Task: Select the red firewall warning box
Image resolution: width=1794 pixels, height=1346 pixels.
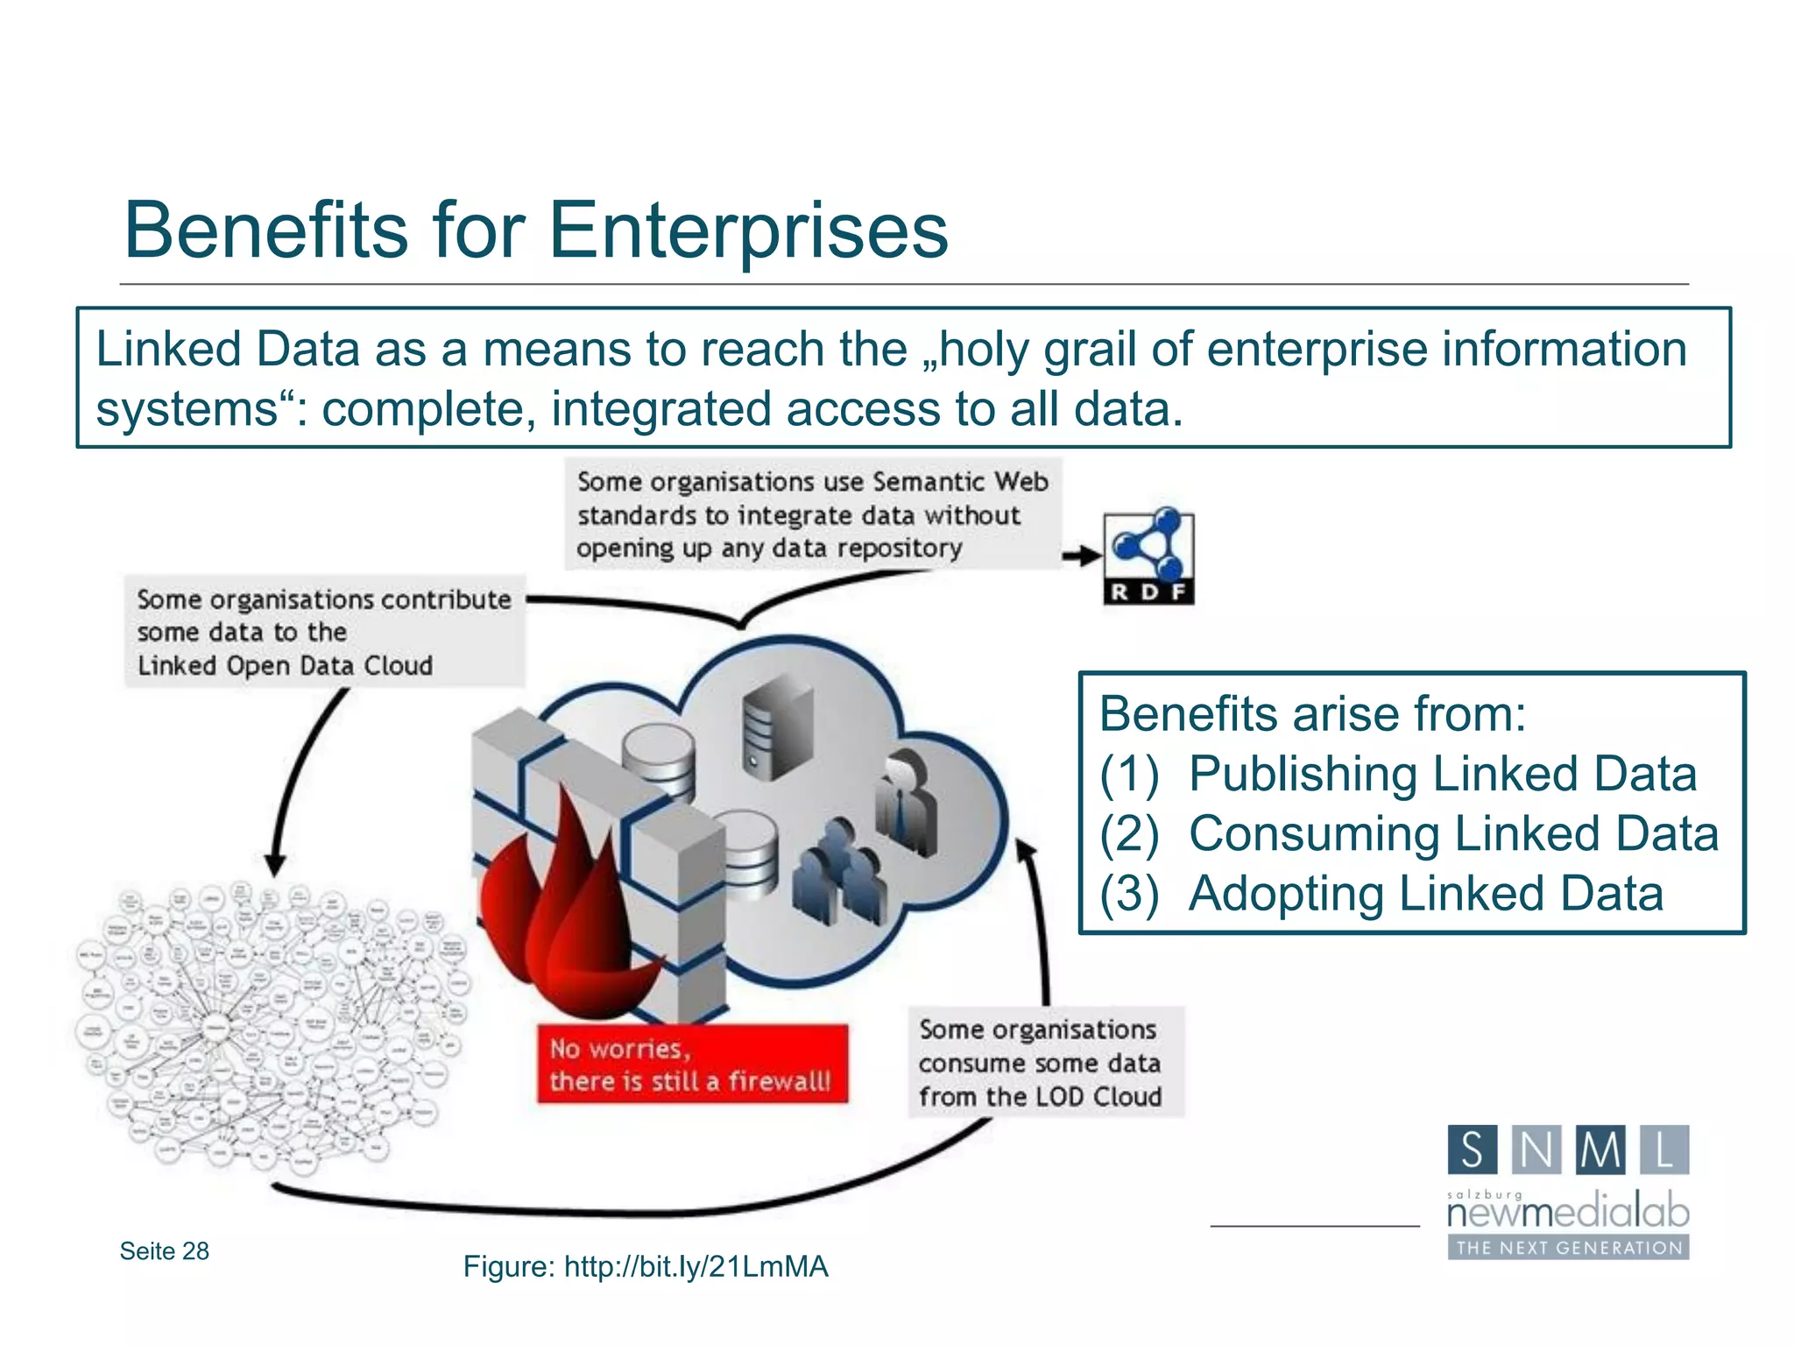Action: pos(692,1064)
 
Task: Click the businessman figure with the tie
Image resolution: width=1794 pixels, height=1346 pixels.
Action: pos(907,802)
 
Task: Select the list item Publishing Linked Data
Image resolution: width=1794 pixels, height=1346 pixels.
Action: pos(1441,774)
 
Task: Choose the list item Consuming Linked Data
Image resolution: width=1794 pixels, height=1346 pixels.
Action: pos(1452,833)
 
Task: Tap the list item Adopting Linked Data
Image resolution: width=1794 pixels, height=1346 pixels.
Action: pos(1425,894)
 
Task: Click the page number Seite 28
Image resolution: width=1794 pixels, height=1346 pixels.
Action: pos(165,1250)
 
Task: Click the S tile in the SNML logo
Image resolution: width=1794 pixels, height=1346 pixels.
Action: pos(1473,1150)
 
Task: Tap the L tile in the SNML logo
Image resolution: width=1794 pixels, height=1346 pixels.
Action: pos(1663,1150)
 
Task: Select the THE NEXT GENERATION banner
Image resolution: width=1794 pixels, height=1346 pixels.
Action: pos(1568,1247)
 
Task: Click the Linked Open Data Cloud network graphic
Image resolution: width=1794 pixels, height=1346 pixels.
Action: pos(267,1025)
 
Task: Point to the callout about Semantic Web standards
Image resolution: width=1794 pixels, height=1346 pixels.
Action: pos(812,514)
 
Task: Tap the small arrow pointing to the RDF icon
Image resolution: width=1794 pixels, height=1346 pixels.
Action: pos(1082,556)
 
